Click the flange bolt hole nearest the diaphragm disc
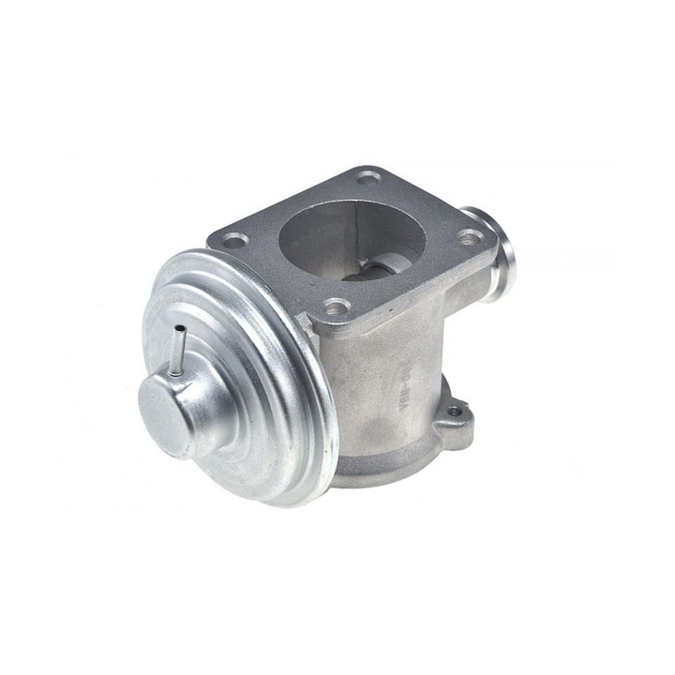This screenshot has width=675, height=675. [x=233, y=240]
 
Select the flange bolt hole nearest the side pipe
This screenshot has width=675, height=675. [x=468, y=237]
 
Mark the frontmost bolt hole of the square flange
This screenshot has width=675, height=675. [x=335, y=306]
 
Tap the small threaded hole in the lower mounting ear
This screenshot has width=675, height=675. [x=456, y=411]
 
